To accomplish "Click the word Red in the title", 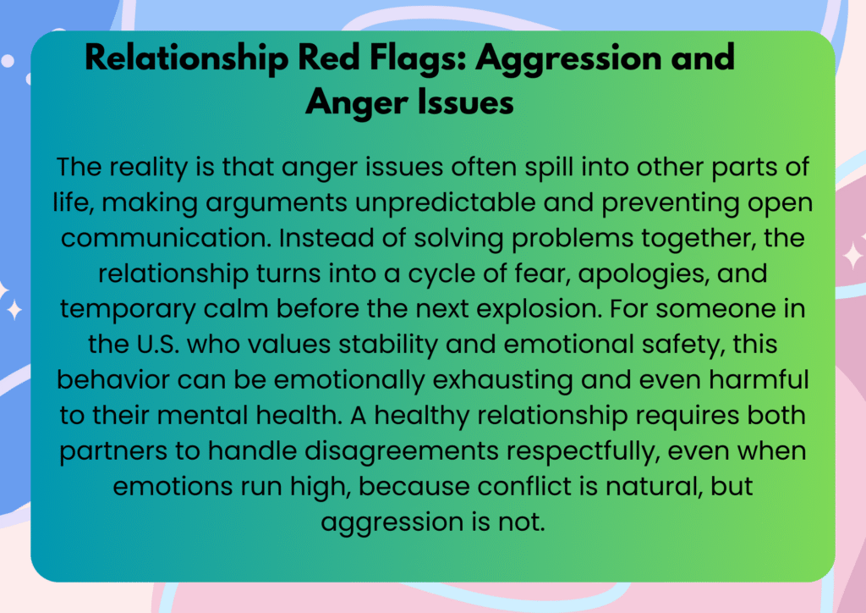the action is click(x=330, y=57).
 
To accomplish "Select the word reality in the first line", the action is click(x=148, y=168).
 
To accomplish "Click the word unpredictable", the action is click(x=445, y=203).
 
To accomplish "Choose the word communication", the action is click(x=166, y=238).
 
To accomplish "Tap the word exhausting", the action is click(x=502, y=381).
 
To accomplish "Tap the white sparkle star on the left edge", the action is click(x=14, y=310).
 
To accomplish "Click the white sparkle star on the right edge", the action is click(x=853, y=256).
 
